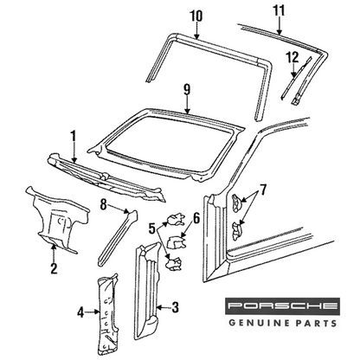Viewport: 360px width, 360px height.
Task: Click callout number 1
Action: point(74,137)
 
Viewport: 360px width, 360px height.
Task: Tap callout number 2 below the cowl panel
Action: point(54,268)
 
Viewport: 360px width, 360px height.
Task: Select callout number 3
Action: point(175,307)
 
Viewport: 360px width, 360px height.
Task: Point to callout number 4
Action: point(81,312)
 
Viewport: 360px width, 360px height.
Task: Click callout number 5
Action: point(152,228)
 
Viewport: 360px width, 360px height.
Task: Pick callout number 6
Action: point(196,219)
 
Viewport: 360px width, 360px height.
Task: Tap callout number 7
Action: point(263,189)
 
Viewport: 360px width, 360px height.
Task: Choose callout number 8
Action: point(104,204)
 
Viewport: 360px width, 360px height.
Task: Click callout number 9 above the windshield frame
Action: point(187,89)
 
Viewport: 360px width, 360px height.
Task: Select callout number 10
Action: point(196,16)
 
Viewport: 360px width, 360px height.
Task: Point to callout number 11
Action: point(279,10)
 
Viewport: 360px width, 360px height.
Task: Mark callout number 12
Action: point(292,57)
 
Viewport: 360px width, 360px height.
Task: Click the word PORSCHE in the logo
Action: point(282,305)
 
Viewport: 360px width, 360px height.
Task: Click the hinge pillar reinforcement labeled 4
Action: point(107,315)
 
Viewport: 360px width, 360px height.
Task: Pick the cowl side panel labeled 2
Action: point(57,219)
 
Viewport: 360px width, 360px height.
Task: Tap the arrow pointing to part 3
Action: point(164,307)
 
